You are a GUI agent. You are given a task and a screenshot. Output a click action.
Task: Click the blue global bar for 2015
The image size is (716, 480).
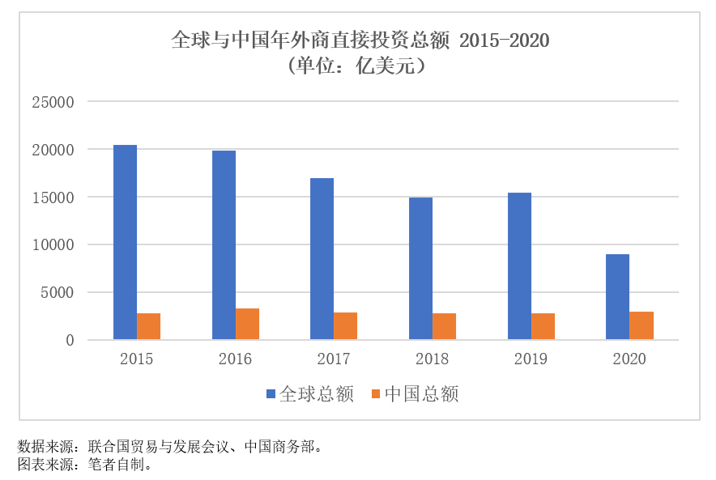click(x=125, y=242)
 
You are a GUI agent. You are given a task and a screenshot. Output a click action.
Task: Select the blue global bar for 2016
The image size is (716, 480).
click(x=224, y=244)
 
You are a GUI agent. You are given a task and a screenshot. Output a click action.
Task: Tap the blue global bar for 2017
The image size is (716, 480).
click(x=322, y=258)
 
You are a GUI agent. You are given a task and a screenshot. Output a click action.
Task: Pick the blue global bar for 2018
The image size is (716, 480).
click(x=420, y=268)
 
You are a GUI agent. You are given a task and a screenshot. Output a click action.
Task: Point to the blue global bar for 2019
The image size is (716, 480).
click(x=519, y=265)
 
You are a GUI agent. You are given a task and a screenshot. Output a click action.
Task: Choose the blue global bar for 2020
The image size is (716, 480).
click(x=617, y=296)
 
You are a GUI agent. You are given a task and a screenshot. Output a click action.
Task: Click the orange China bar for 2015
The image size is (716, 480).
click(x=148, y=326)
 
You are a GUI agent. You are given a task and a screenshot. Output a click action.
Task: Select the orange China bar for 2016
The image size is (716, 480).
click(x=247, y=324)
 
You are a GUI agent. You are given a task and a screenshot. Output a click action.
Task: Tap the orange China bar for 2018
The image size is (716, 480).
click(x=444, y=326)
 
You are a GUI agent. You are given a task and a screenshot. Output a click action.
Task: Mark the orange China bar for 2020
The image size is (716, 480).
click(x=641, y=325)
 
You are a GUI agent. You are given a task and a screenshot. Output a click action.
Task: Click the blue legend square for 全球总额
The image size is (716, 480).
click(x=271, y=394)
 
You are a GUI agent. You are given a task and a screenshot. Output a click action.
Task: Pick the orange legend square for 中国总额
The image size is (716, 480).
click(x=375, y=394)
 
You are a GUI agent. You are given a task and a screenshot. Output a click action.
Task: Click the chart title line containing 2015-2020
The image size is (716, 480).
click(x=360, y=40)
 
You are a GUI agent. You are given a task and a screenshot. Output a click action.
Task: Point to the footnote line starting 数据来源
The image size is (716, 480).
click(x=170, y=446)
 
